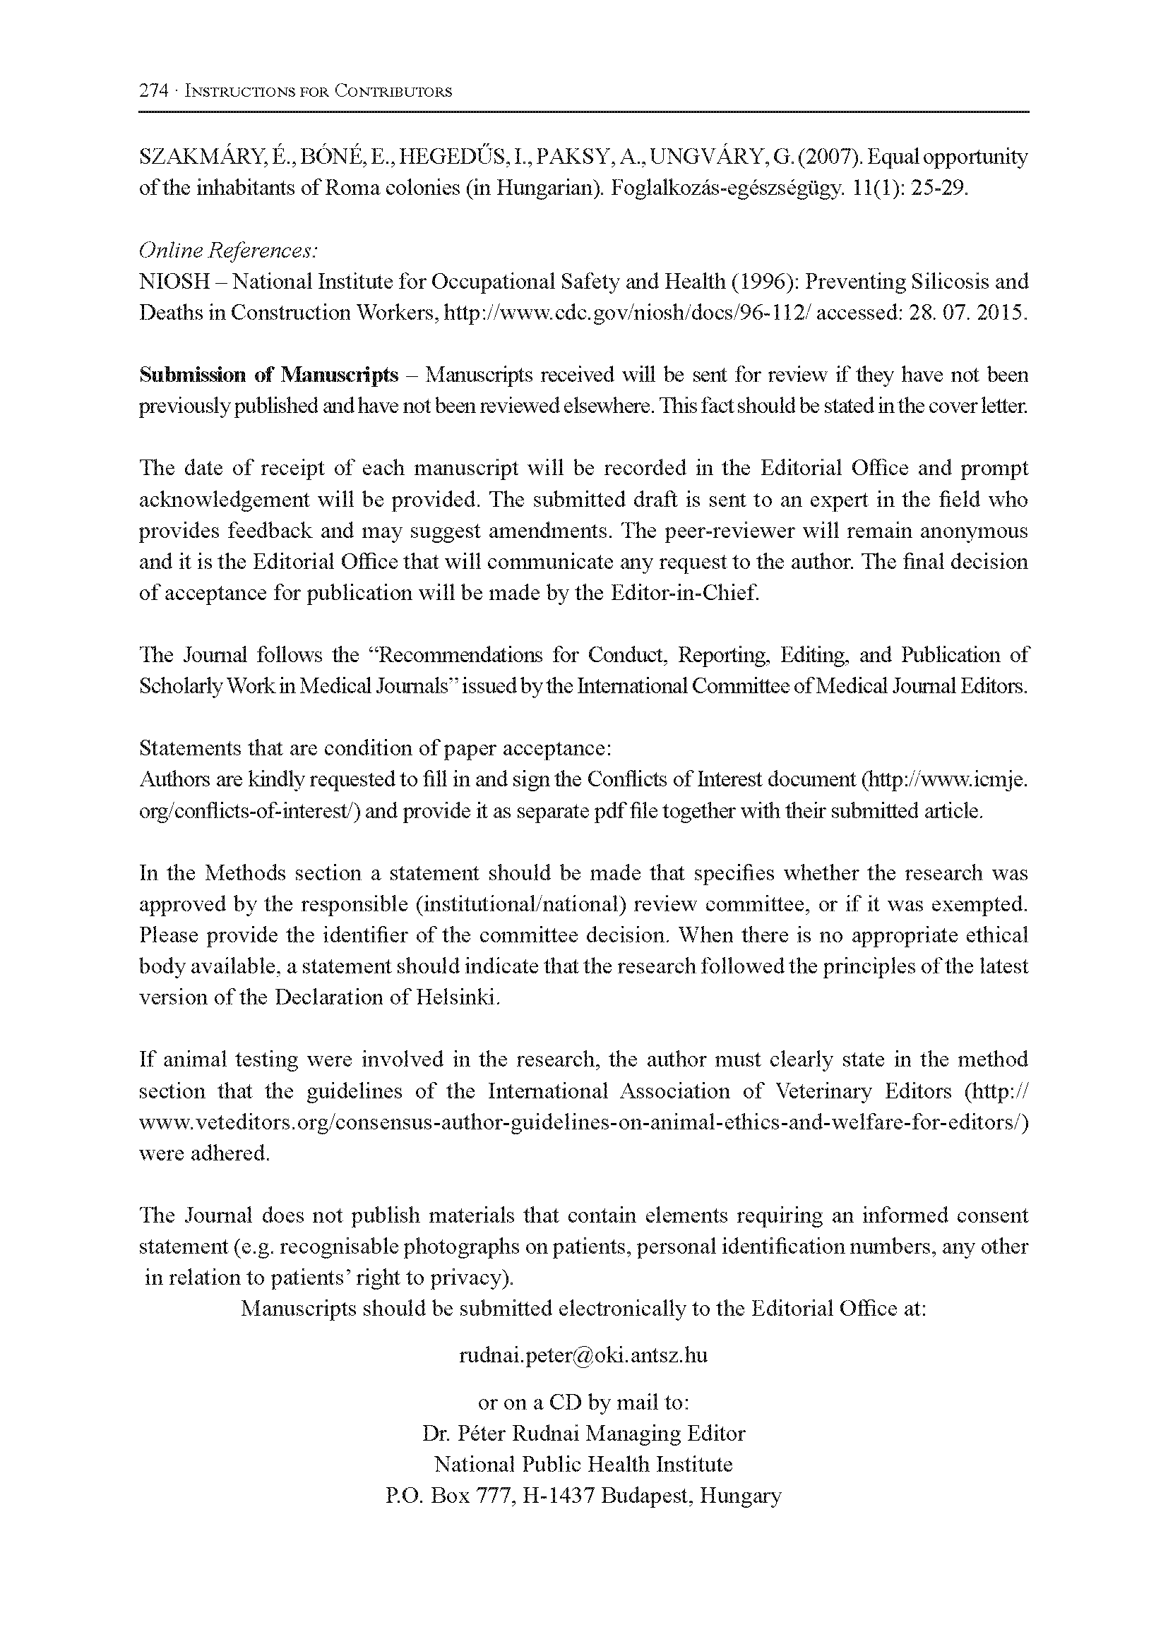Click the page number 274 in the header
tap(153, 91)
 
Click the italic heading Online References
tap(228, 251)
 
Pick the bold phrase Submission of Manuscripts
tap(268, 375)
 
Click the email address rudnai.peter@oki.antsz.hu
tap(583, 1355)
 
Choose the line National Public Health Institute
tap(583, 1465)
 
